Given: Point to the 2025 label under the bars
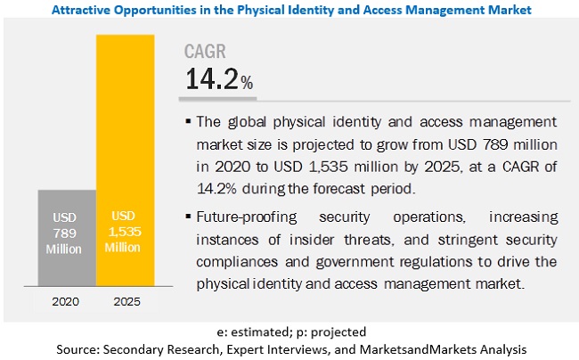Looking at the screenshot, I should pyautogui.click(x=126, y=302).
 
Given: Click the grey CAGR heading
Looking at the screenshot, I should pyautogui.click(x=207, y=51).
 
